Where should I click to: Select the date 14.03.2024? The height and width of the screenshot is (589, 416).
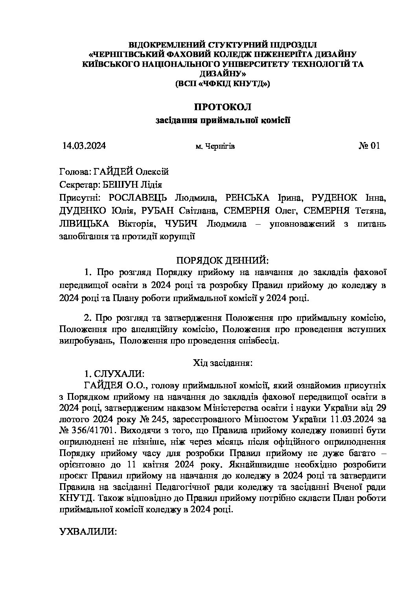84,146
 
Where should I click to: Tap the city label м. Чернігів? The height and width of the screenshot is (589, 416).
215,146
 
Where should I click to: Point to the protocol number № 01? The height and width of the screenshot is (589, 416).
369,146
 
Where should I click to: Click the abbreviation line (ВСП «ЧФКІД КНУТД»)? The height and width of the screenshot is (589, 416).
223,83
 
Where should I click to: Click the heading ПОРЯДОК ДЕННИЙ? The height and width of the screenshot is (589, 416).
223,260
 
